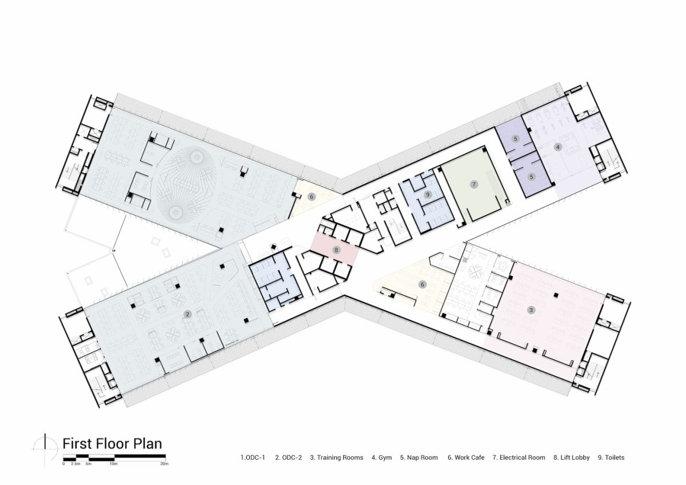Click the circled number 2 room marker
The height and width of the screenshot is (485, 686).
click(x=187, y=314)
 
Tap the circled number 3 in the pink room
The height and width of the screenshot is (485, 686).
click(x=531, y=310)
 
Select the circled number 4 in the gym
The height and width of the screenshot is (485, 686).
click(x=558, y=147)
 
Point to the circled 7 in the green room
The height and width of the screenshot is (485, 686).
click(x=473, y=184)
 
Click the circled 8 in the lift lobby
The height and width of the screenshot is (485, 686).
click(x=337, y=250)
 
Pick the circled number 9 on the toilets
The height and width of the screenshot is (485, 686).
click(x=427, y=195)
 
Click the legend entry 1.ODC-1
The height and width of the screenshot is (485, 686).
click(x=253, y=458)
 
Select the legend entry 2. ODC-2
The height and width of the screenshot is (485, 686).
click(x=288, y=458)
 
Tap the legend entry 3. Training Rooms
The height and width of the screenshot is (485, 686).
click(x=337, y=458)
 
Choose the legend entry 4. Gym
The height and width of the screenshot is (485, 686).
click(x=381, y=458)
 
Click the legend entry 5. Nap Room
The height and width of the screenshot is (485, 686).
click(x=419, y=458)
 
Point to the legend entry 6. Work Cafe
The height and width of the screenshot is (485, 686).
click(x=465, y=458)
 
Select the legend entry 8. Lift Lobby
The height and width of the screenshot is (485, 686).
click(x=571, y=458)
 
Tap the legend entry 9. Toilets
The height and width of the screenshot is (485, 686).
click(x=611, y=458)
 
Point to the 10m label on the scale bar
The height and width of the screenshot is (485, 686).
click(x=114, y=464)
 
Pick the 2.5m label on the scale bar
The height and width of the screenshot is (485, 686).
click(x=75, y=464)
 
